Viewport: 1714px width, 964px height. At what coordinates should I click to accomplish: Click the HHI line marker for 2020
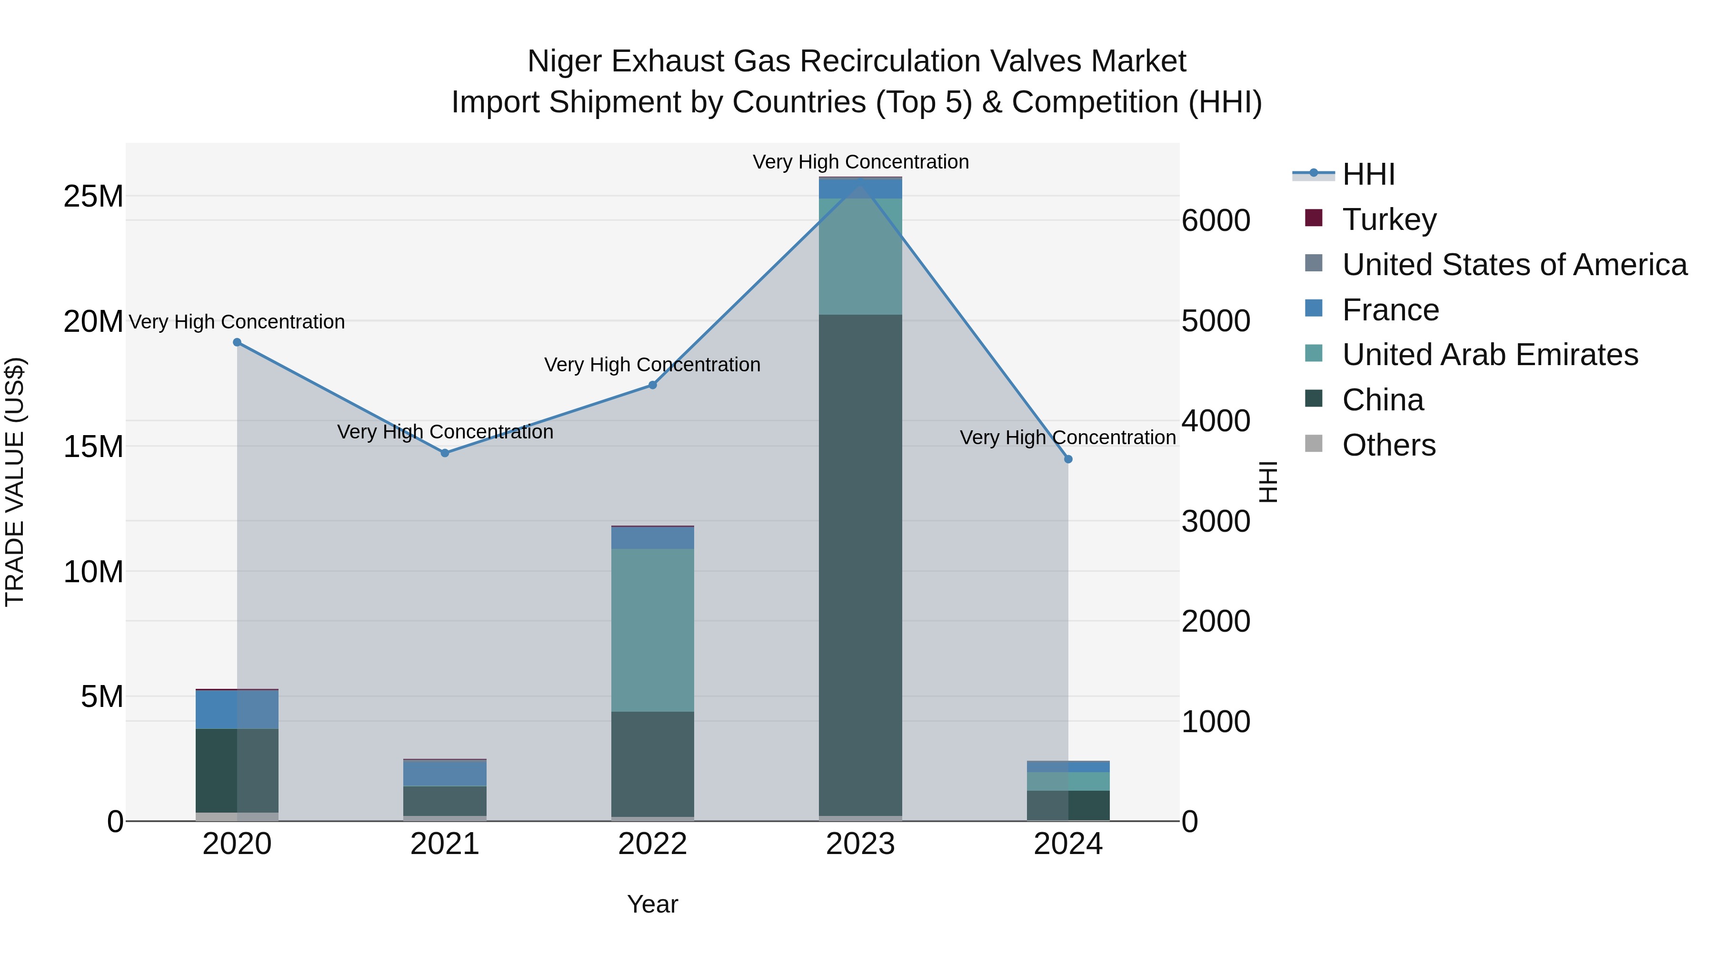[x=237, y=343]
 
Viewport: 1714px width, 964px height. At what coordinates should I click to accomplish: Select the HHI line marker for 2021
[x=445, y=453]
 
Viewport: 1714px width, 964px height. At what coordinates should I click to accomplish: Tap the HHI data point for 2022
[x=653, y=385]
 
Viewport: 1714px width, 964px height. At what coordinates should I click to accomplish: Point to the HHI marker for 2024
[x=1068, y=459]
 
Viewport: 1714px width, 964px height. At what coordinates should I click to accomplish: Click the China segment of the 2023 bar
[x=860, y=566]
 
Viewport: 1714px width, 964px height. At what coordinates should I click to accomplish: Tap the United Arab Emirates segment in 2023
[x=860, y=257]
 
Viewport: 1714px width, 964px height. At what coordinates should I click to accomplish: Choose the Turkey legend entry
[x=1389, y=219]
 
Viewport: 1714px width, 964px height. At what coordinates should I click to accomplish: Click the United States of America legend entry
[x=1515, y=265]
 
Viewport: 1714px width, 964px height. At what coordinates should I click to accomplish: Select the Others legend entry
[x=1389, y=445]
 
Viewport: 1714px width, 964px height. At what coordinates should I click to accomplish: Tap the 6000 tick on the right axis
[x=1216, y=221]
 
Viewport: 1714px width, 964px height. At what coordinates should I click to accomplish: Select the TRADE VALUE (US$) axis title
[x=15, y=482]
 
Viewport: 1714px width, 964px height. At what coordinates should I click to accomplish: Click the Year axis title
[x=652, y=905]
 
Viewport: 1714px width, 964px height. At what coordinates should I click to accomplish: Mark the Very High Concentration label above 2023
[x=860, y=162]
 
